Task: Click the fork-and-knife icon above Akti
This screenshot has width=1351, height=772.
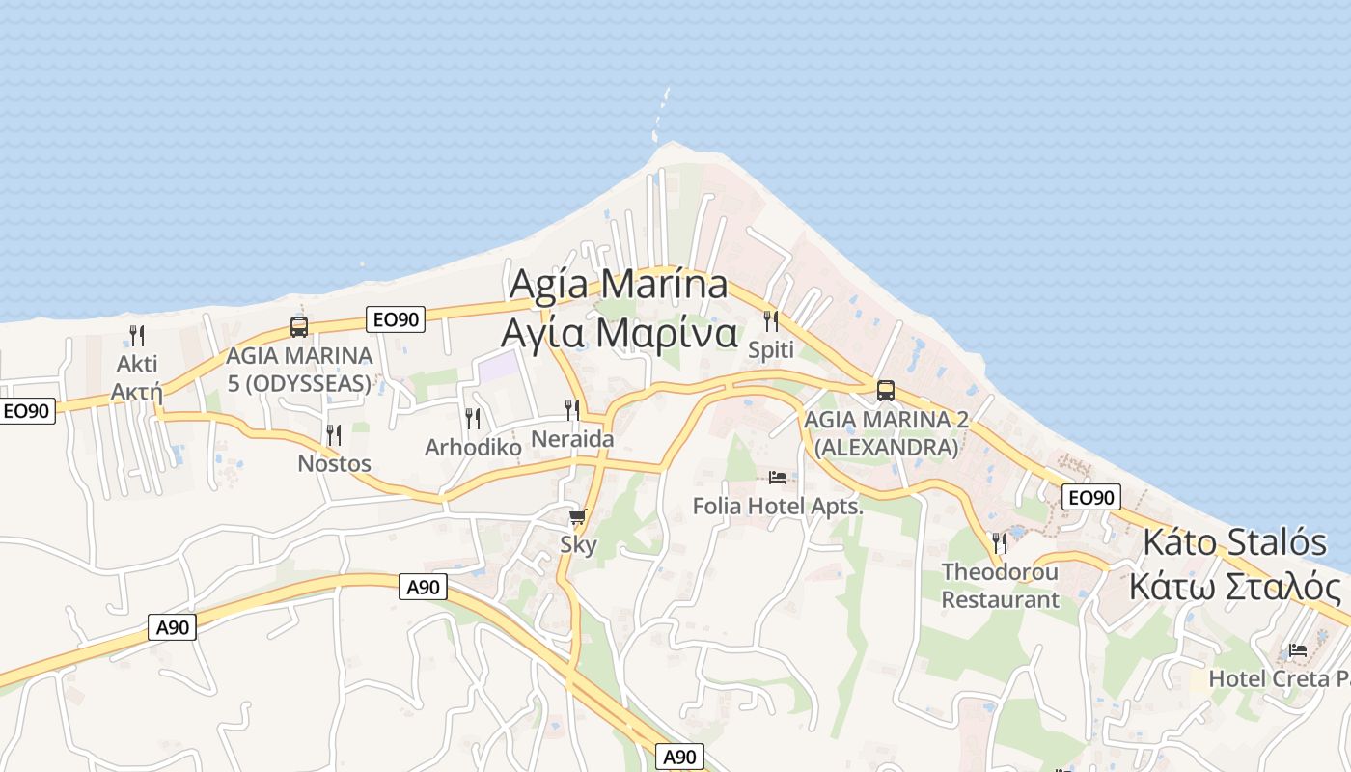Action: [137, 336]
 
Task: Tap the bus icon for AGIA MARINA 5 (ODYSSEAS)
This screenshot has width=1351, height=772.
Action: [299, 326]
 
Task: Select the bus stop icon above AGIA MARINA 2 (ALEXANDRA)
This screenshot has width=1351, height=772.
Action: [886, 391]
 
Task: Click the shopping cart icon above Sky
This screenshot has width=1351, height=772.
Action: [577, 518]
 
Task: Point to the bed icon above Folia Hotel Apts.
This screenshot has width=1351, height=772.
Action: [778, 477]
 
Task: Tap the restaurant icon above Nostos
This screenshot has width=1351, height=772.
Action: [334, 435]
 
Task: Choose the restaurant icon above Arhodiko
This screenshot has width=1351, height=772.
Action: [473, 419]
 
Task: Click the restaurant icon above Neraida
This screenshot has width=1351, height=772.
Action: [572, 410]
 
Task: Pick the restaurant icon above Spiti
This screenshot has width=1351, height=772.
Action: [771, 321]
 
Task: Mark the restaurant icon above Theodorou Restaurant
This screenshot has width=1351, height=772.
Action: [1000, 543]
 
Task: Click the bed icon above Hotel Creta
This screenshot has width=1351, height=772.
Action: [1298, 650]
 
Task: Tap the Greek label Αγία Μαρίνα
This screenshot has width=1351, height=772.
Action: [619, 333]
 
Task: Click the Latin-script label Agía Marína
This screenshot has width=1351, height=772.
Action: [618, 285]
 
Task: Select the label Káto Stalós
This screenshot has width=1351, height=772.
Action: [1234, 542]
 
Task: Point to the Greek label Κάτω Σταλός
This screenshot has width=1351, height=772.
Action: [1235, 587]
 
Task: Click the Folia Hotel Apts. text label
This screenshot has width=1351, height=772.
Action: [778, 506]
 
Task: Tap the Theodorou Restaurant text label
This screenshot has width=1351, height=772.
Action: [1000, 586]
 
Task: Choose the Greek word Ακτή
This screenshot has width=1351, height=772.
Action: [136, 391]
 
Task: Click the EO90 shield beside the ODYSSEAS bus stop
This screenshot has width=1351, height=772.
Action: [396, 319]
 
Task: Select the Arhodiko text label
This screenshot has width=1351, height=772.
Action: [473, 448]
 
